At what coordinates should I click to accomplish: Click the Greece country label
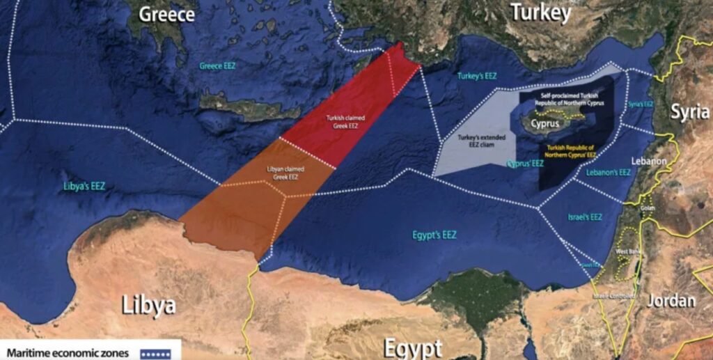coord(167,14)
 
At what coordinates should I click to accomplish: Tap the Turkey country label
coord(540,12)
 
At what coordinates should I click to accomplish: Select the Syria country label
coord(690,111)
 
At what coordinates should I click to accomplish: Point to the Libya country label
coord(148,304)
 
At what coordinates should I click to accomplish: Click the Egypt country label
coord(413,347)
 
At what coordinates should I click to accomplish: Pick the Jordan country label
coord(671,300)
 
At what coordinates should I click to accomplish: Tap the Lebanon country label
coord(649,161)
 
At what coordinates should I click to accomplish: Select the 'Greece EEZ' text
coord(218,66)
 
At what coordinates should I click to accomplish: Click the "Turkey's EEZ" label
coord(477,75)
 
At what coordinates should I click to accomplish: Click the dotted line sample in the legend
coord(157,354)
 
